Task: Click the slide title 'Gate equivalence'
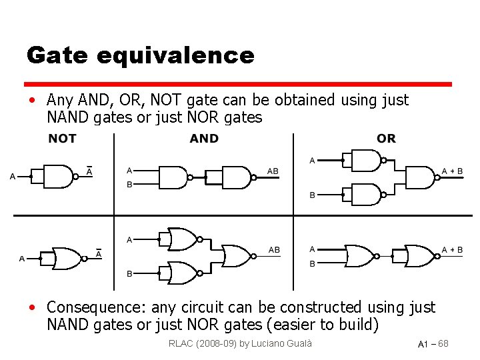pos(140,55)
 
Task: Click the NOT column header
pos(62,139)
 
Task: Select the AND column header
pos(204,139)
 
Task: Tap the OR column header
pos(386,139)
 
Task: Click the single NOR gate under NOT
pos(65,257)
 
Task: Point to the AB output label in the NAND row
pos(273,171)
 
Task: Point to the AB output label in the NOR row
pos(274,250)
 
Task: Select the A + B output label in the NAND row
pos(452,171)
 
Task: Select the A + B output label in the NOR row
pos(452,250)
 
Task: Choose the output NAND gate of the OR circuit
pos(419,177)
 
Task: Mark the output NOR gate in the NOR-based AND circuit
pos(237,256)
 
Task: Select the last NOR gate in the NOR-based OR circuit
pos(418,255)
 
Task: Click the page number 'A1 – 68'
pos(433,344)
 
